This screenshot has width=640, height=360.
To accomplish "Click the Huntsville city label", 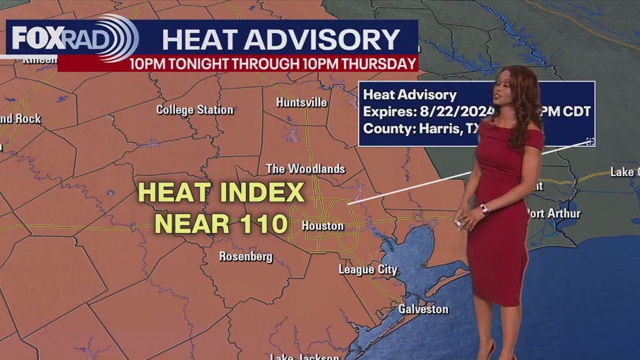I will (x=301, y=102).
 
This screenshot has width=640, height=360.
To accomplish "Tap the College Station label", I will (x=194, y=109).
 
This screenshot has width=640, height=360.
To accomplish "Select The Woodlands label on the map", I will (x=306, y=169).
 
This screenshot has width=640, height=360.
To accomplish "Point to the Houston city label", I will (x=323, y=226).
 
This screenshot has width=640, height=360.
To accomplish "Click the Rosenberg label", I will (x=246, y=256).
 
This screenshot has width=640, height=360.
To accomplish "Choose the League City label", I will (x=368, y=270).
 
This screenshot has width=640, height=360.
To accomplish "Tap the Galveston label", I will (x=423, y=309).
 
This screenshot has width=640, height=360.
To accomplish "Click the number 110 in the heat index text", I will (x=262, y=223).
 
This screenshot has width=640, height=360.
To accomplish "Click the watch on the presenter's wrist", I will (x=483, y=208).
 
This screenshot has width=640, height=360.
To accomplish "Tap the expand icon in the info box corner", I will (x=589, y=141).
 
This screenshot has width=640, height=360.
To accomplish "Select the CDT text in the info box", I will (x=577, y=111).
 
